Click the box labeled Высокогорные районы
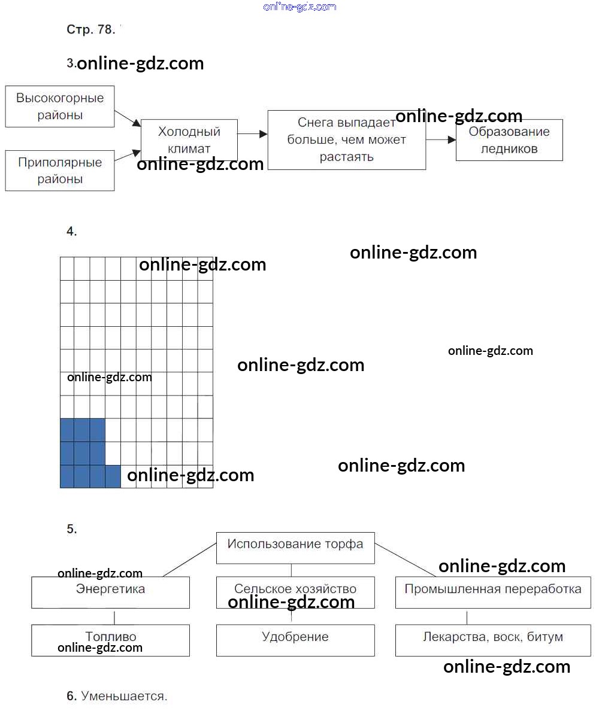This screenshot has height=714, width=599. [60, 107]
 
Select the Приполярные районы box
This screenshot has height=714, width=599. [60, 171]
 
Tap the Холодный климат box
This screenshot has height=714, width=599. [189, 140]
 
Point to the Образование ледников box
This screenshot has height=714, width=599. [509, 140]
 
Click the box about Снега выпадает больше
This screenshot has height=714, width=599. [346, 140]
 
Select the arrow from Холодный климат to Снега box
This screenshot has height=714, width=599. [252, 135]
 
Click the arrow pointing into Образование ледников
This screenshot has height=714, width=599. [441, 139]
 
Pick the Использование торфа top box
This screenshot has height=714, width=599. [295, 547]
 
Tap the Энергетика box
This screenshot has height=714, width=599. [110, 592]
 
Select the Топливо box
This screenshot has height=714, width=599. [110, 640]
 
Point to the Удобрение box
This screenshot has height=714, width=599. [295, 640]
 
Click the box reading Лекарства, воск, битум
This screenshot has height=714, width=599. [493, 640]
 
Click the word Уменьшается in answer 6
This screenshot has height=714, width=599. [124, 696]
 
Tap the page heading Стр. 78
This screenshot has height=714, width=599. [90, 30]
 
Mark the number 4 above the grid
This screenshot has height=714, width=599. [71, 232]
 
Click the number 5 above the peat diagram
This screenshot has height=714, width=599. [71, 529]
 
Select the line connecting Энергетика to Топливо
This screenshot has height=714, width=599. [114, 616]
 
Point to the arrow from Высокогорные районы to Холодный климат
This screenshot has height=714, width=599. [128, 118]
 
